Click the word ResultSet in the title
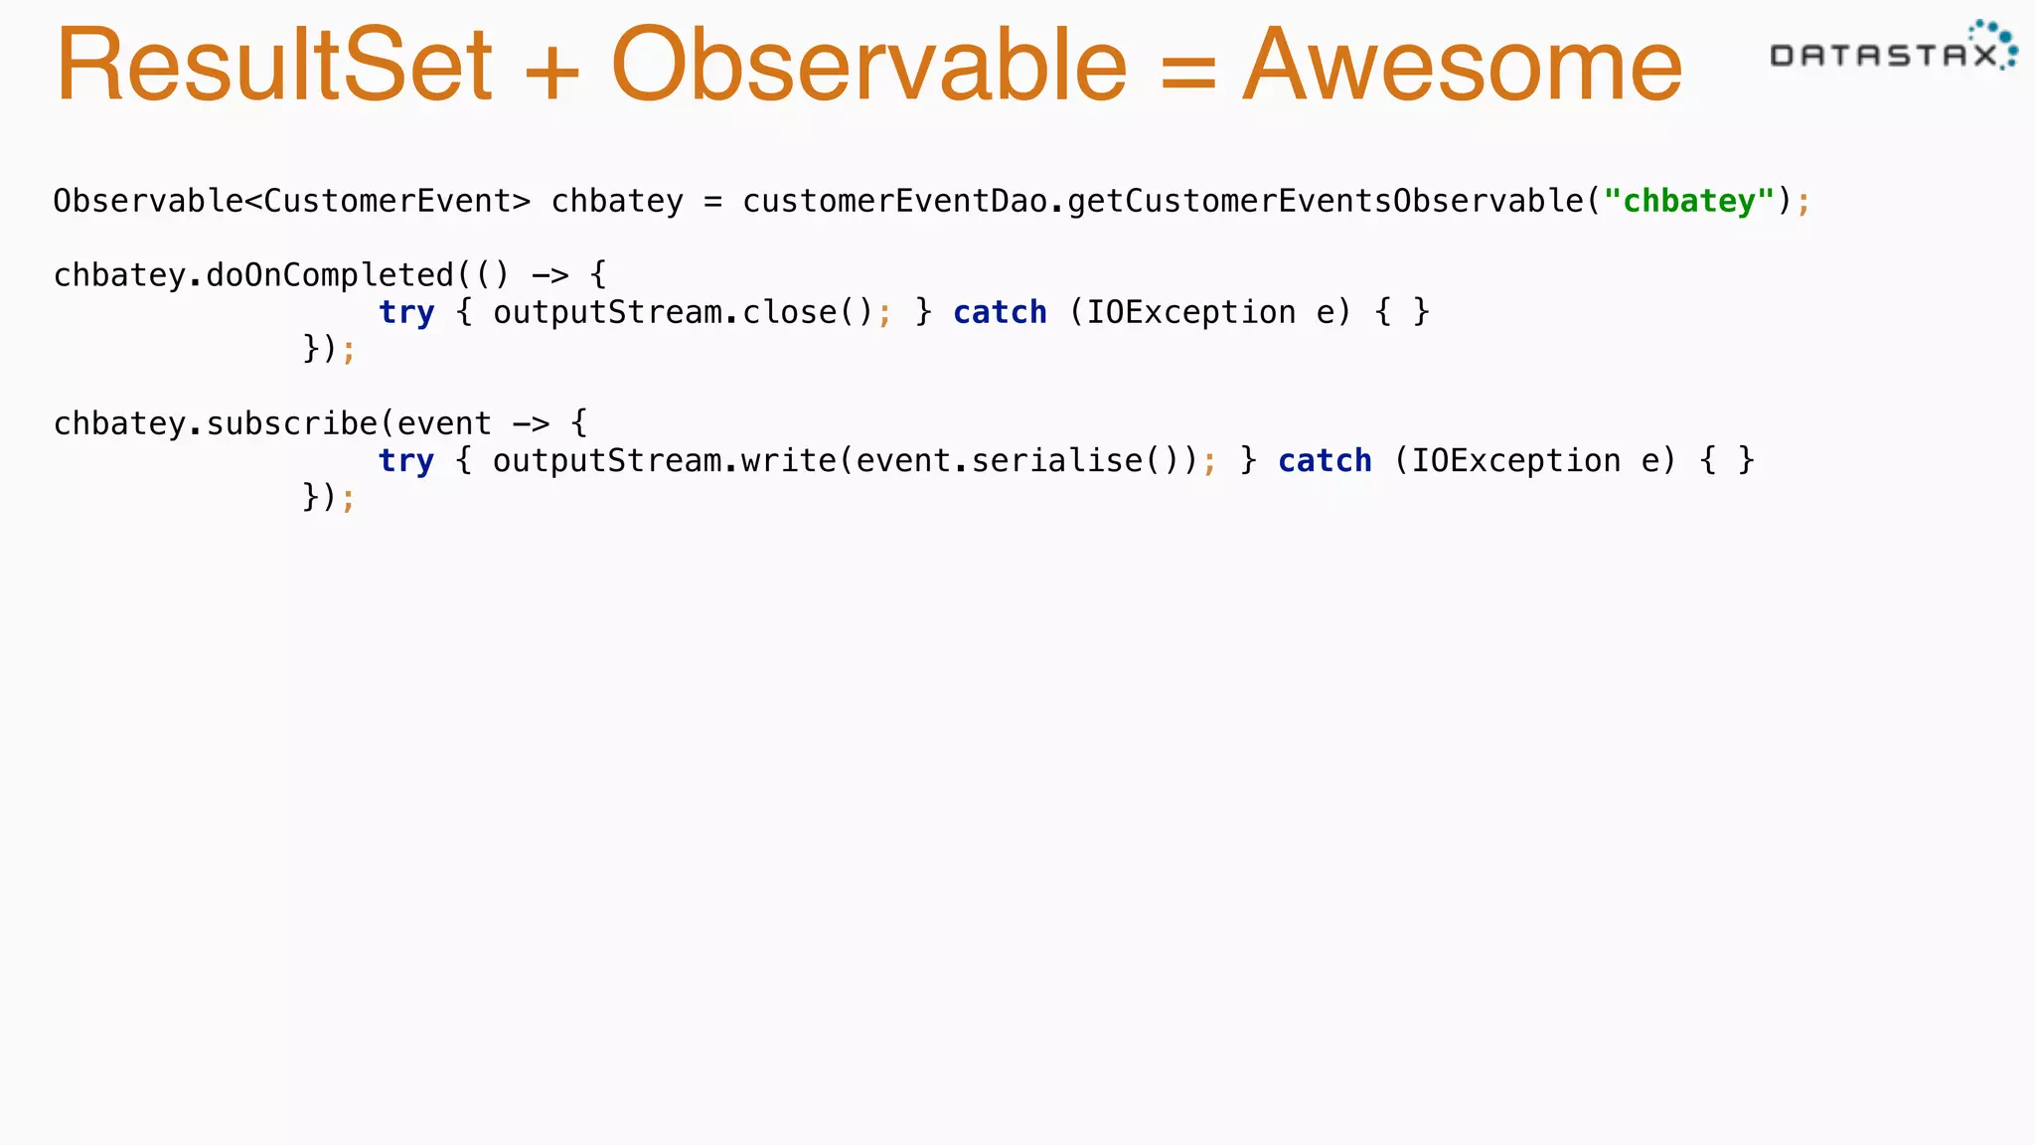tap(274, 66)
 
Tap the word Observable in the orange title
tap(869, 66)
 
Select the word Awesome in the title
tap(1463, 66)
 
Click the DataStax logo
tap(1893, 48)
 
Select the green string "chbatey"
tap(1688, 201)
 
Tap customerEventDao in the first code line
tap(894, 201)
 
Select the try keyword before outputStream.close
tap(406, 312)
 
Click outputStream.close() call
tap(684, 312)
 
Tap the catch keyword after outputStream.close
tap(1000, 312)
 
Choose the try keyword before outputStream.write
tap(406, 461)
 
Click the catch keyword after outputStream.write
tap(1325, 461)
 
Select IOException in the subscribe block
tap(1515, 461)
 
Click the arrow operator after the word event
tap(531, 423)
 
